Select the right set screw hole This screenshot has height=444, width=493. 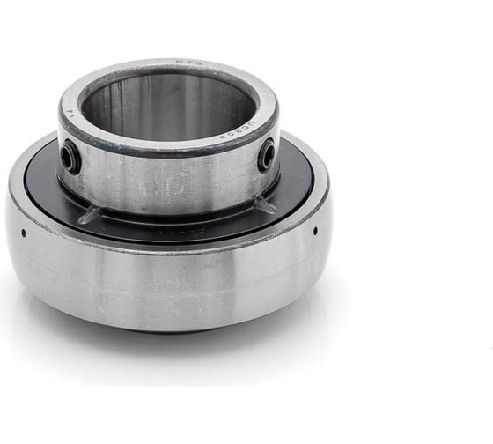tap(266, 156)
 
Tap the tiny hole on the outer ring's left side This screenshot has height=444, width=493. tap(23, 233)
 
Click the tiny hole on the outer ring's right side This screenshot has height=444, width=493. tap(315, 231)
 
